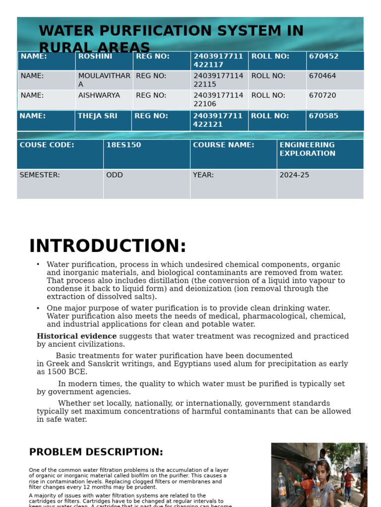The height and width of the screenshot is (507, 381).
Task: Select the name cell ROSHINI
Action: pyautogui.click(x=95, y=57)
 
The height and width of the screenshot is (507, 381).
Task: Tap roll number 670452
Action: pyautogui.click(x=323, y=57)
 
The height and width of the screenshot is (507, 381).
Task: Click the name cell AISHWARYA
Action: pyautogui.click(x=99, y=96)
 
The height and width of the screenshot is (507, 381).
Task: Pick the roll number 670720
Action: pyautogui.click(x=322, y=96)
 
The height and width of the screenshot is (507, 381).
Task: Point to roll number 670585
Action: pyautogui.click(x=323, y=116)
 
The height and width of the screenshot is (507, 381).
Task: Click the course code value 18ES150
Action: pyautogui.click(x=124, y=146)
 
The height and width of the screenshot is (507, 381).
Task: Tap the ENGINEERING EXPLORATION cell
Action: pyautogui.click(x=307, y=150)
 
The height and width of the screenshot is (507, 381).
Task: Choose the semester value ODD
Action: pyautogui.click(x=114, y=175)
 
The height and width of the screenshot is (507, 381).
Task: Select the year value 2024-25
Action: pyautogui.click(x=294, y=175)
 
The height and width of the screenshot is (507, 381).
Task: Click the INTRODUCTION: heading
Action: pyautogui.click(x=108, y=247)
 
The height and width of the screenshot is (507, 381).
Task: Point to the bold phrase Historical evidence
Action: pyautogui.click(x=76, y=337)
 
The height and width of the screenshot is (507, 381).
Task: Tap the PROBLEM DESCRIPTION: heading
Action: pyautogui.click(x=96, y=453)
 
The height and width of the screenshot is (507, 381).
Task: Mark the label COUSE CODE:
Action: pyautogui.click(x=47, y=146)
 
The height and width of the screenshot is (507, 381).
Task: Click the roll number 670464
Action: pyautogui.click(x=322, y=76)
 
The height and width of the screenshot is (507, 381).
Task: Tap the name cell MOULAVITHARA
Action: pyautogui.click(x=104, y=80)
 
